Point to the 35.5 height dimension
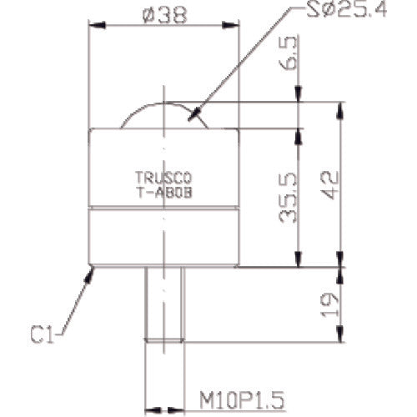click(288, 198)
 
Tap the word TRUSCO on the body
click(163, 177)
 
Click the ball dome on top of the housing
click(164, 115)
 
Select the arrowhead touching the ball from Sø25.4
click(193, 118)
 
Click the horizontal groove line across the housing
click(164, 207)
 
